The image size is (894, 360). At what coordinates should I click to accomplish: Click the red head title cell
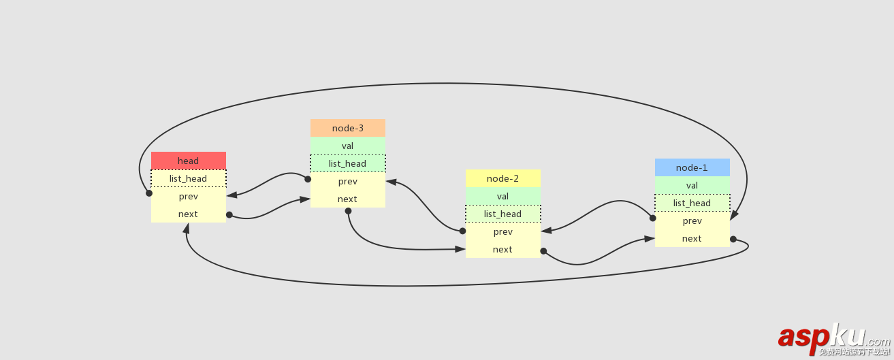click(x=188, y=161)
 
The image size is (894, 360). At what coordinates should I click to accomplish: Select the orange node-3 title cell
click(x=347, y=128)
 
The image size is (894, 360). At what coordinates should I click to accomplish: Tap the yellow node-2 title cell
click(x=502, y=178)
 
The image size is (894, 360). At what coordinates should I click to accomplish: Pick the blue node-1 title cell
click(x=692, y=167)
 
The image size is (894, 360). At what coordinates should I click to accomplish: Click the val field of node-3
click(x=347, y=146)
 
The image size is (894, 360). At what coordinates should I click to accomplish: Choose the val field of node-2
click(x=502, y=196)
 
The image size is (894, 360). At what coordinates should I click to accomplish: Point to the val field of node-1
click(x=692, y=185)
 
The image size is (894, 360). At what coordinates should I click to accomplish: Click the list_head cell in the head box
click(x=188, y=178)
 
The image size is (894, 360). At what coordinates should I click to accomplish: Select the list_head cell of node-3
click(x=347, y=163)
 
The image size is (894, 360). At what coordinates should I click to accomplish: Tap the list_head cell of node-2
click(x=502, y=214)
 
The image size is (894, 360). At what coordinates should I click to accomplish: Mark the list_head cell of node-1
click(x=692, y=203)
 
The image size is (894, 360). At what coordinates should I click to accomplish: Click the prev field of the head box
click(x=188, y=196)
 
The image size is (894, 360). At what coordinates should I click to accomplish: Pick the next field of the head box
click(x=188, y=214)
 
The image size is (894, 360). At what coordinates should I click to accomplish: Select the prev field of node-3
click(x=347, y=181)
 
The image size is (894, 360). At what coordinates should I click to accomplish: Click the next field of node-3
click(x=347, y=199)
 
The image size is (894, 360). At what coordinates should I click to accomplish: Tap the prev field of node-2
click(x=502, y=231)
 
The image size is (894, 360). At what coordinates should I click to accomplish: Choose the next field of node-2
click(x=502, y=249)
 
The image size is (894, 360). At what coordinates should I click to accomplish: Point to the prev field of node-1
click(x=692, y=220)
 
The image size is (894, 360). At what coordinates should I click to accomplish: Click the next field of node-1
click(x=692, y=238)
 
